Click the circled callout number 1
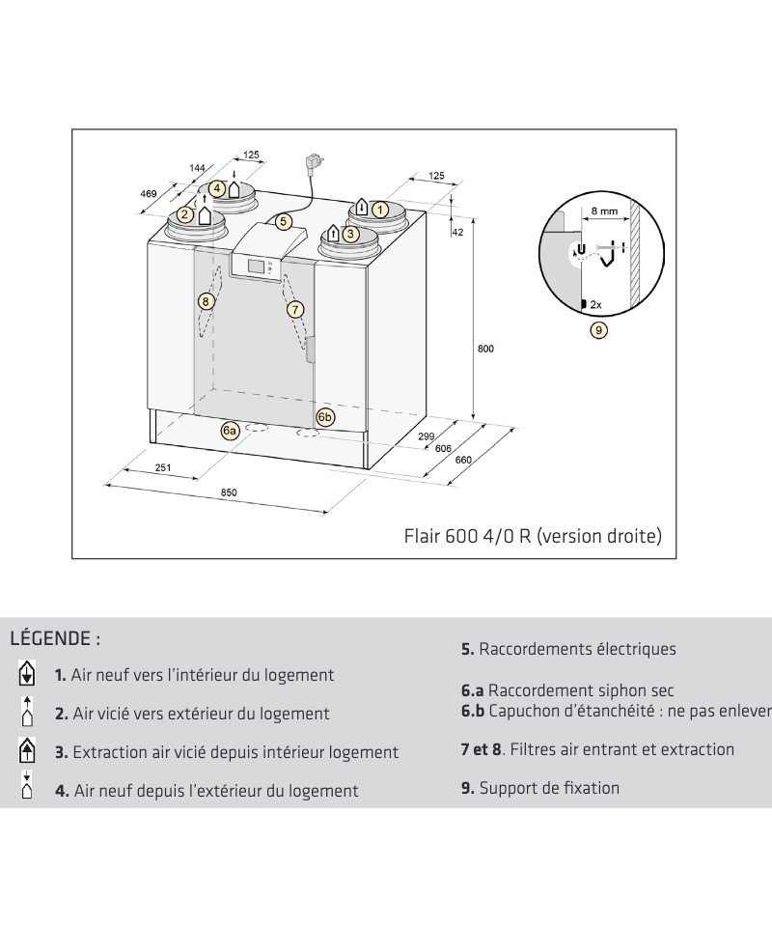click(x=380, y=208)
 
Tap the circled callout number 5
click(x=283, y=221)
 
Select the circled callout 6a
click(x=230, y=431)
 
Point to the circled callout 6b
click(x=325, y=417)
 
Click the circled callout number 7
click(x=295, y=309)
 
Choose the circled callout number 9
click(x=598, y=330)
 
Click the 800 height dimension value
click(x=485, y=349)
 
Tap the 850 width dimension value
click(x=229, y=492)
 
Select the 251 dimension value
click(x=163, y=468)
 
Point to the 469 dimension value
click(x=149, y=194)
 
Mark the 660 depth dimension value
click(x=463, y=461)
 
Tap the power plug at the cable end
click(x=314, y=161)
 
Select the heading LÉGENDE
click(x=55, y=639)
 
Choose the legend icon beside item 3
click(x=28, y=749)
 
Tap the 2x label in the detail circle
click(x=595, y=305)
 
